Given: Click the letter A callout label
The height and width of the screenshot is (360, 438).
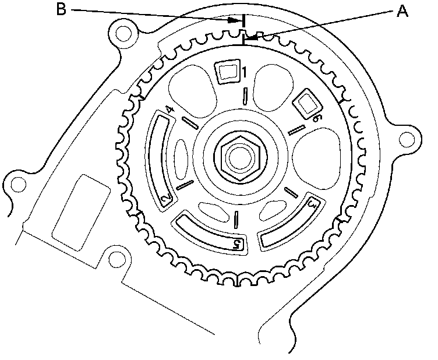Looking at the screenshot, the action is point(402,11).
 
